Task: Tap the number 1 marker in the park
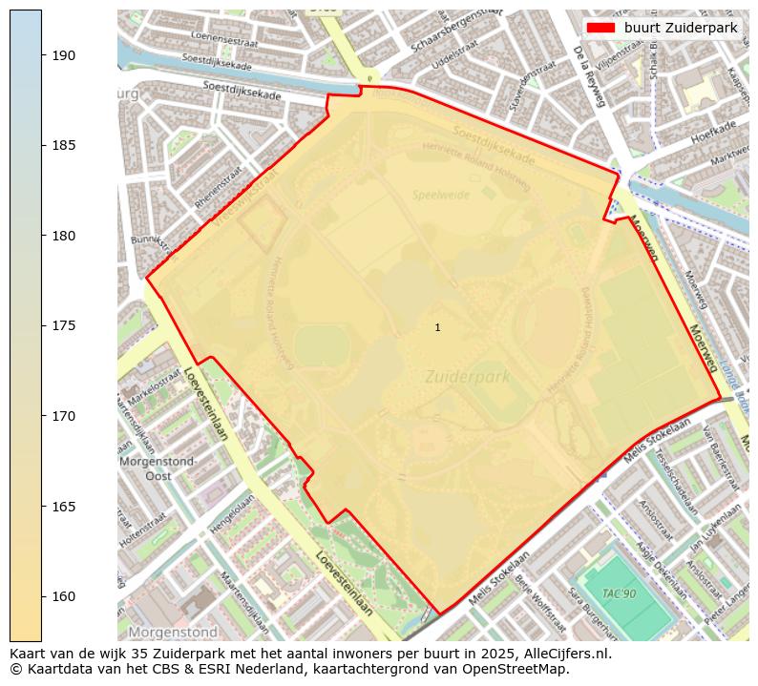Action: (437, 327)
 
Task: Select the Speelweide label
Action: (440, 195)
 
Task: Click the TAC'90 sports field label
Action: (619, 593)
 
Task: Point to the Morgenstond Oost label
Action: (158, 468)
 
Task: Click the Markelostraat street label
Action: (155, 390)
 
